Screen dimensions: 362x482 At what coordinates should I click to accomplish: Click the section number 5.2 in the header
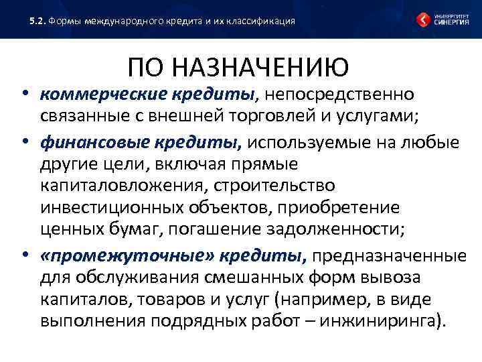tap(37, 21)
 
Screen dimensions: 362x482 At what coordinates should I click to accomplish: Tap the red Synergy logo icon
tap(424, 19)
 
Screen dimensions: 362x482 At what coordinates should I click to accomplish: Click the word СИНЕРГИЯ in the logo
tap(451, 22)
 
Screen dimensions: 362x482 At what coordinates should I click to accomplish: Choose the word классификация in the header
tap(262, 21)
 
